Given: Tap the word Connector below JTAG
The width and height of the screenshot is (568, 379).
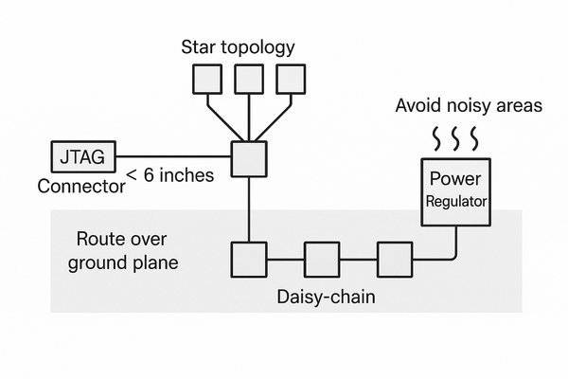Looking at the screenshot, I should click(x=80, y=187).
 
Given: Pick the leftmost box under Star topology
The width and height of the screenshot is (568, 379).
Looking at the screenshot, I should click(x=207, y=78).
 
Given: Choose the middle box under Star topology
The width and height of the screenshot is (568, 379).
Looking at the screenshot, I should click(x=249, y=78).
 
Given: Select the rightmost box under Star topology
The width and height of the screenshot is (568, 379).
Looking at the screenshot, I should click(x=291, y=78).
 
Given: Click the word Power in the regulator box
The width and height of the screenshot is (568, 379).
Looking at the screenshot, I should click(x=455, y=179).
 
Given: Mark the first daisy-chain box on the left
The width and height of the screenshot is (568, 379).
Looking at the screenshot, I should click(x=249, y=258).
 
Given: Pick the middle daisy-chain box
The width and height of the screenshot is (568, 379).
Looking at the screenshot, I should click(x=321, y=258).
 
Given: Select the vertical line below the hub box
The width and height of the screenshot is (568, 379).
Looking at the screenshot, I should click(x=249, y=208).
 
